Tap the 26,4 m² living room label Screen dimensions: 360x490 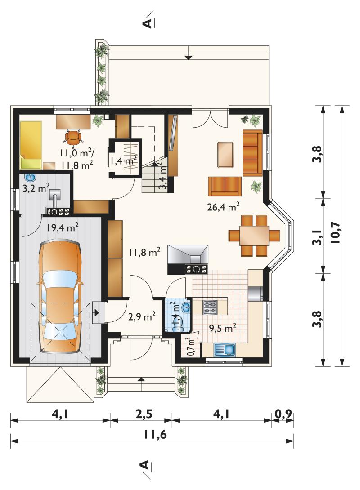point(223,206)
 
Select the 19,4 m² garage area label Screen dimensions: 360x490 point(63,227)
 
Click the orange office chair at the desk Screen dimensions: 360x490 point(74,138)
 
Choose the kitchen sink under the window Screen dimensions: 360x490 point(225,349)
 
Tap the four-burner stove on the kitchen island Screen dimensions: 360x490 point(210,307)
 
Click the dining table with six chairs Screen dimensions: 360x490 point(254,235)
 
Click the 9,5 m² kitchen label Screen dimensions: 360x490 point(222,328)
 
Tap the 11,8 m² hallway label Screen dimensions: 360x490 point(144,252)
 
